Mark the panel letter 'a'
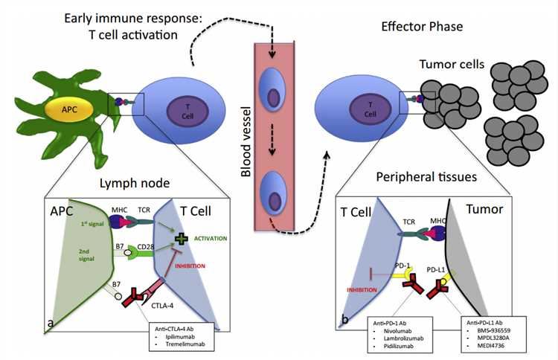(50, 322)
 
